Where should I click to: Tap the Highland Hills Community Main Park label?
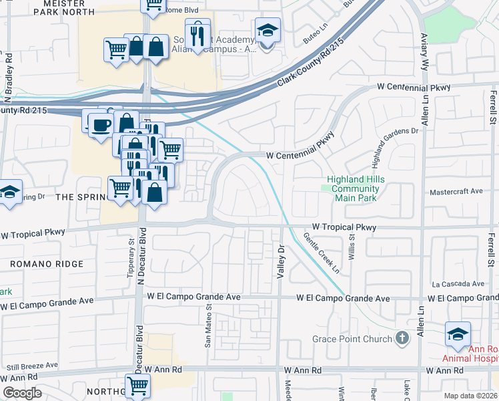click(353, 188)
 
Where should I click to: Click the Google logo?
click(22, 393)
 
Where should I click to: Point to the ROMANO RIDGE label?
click(47, 264)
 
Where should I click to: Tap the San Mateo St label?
click(207, 325)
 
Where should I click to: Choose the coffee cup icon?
click(101, 126)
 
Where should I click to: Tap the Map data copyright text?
click(470, 396)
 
